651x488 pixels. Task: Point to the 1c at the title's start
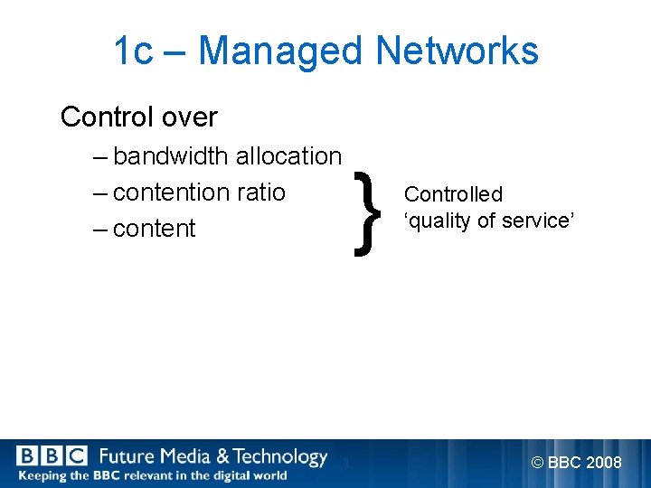pyautogui.click(x=133, y=52)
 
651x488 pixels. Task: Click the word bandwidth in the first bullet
pyautogui.click(x=171, y=156)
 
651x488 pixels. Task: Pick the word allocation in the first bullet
pyautogui.click(x=288, y=156)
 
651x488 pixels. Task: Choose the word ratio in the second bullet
pyautogui.click(x=261, y=192)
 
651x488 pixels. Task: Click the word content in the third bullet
pyautogui.click(x=155, y=229)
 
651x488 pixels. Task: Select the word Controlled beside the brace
pyautogui.click(x=453, y=194)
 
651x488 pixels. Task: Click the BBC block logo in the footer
pyautogui.click(x=52, y=456)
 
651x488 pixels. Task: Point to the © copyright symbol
pyautogui.click(x=538, y=463)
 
